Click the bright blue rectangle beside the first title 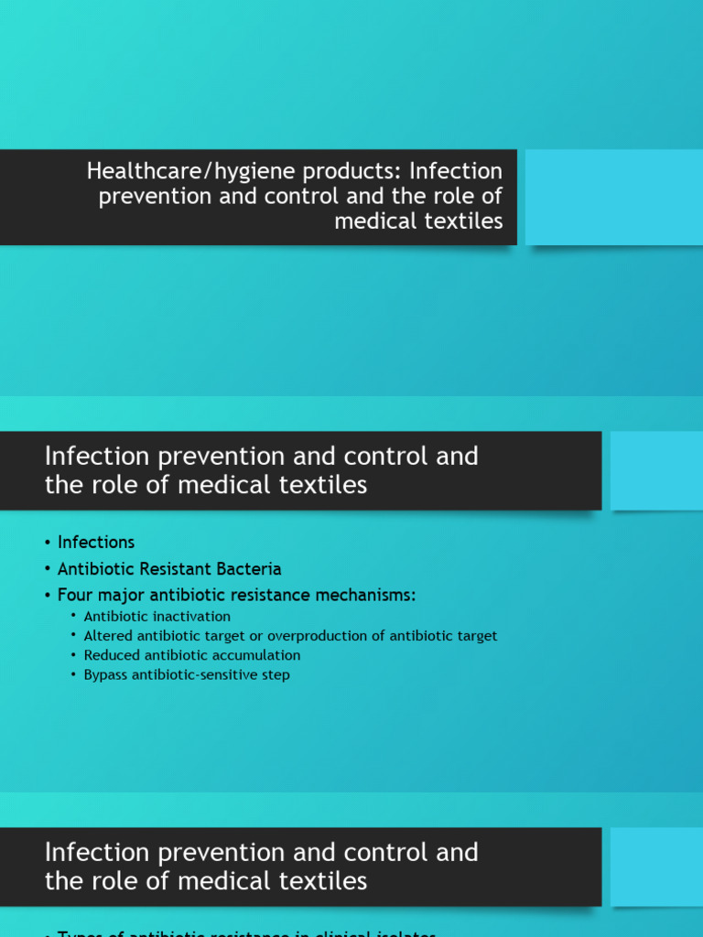[613, 197]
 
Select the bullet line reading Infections [96, 543]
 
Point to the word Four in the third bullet [76, 596]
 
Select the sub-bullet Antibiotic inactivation [157, 617]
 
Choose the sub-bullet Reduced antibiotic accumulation [191, 655]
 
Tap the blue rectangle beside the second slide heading [656, 470]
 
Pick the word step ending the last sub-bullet [277, 675]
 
